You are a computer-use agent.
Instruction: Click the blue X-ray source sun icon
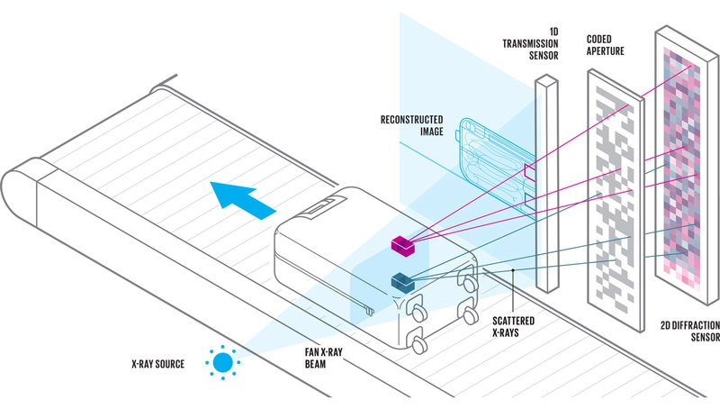pos(223,362)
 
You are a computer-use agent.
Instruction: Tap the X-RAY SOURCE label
pos(158,364)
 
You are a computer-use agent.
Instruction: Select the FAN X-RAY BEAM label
pos(323,358)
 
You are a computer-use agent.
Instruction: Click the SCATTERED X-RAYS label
pos(513,326)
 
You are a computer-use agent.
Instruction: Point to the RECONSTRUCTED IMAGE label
pos(412,125)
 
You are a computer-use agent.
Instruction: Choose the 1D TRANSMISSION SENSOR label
pos(530,43)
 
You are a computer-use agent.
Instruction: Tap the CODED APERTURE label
pos(605,45)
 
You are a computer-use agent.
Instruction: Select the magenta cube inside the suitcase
pos(402,245)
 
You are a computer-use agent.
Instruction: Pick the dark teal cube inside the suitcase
pos(402,282)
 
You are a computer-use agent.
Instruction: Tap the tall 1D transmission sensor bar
pos(547,183)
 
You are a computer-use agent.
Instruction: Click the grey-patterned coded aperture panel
pos(616,200)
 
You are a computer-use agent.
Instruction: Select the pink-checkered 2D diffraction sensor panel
pos(687,166)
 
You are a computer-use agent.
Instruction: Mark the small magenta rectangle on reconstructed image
pos(530,170)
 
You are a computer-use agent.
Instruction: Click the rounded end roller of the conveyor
pos(18,192)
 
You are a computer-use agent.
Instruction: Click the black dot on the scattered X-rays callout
pos(513,270)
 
